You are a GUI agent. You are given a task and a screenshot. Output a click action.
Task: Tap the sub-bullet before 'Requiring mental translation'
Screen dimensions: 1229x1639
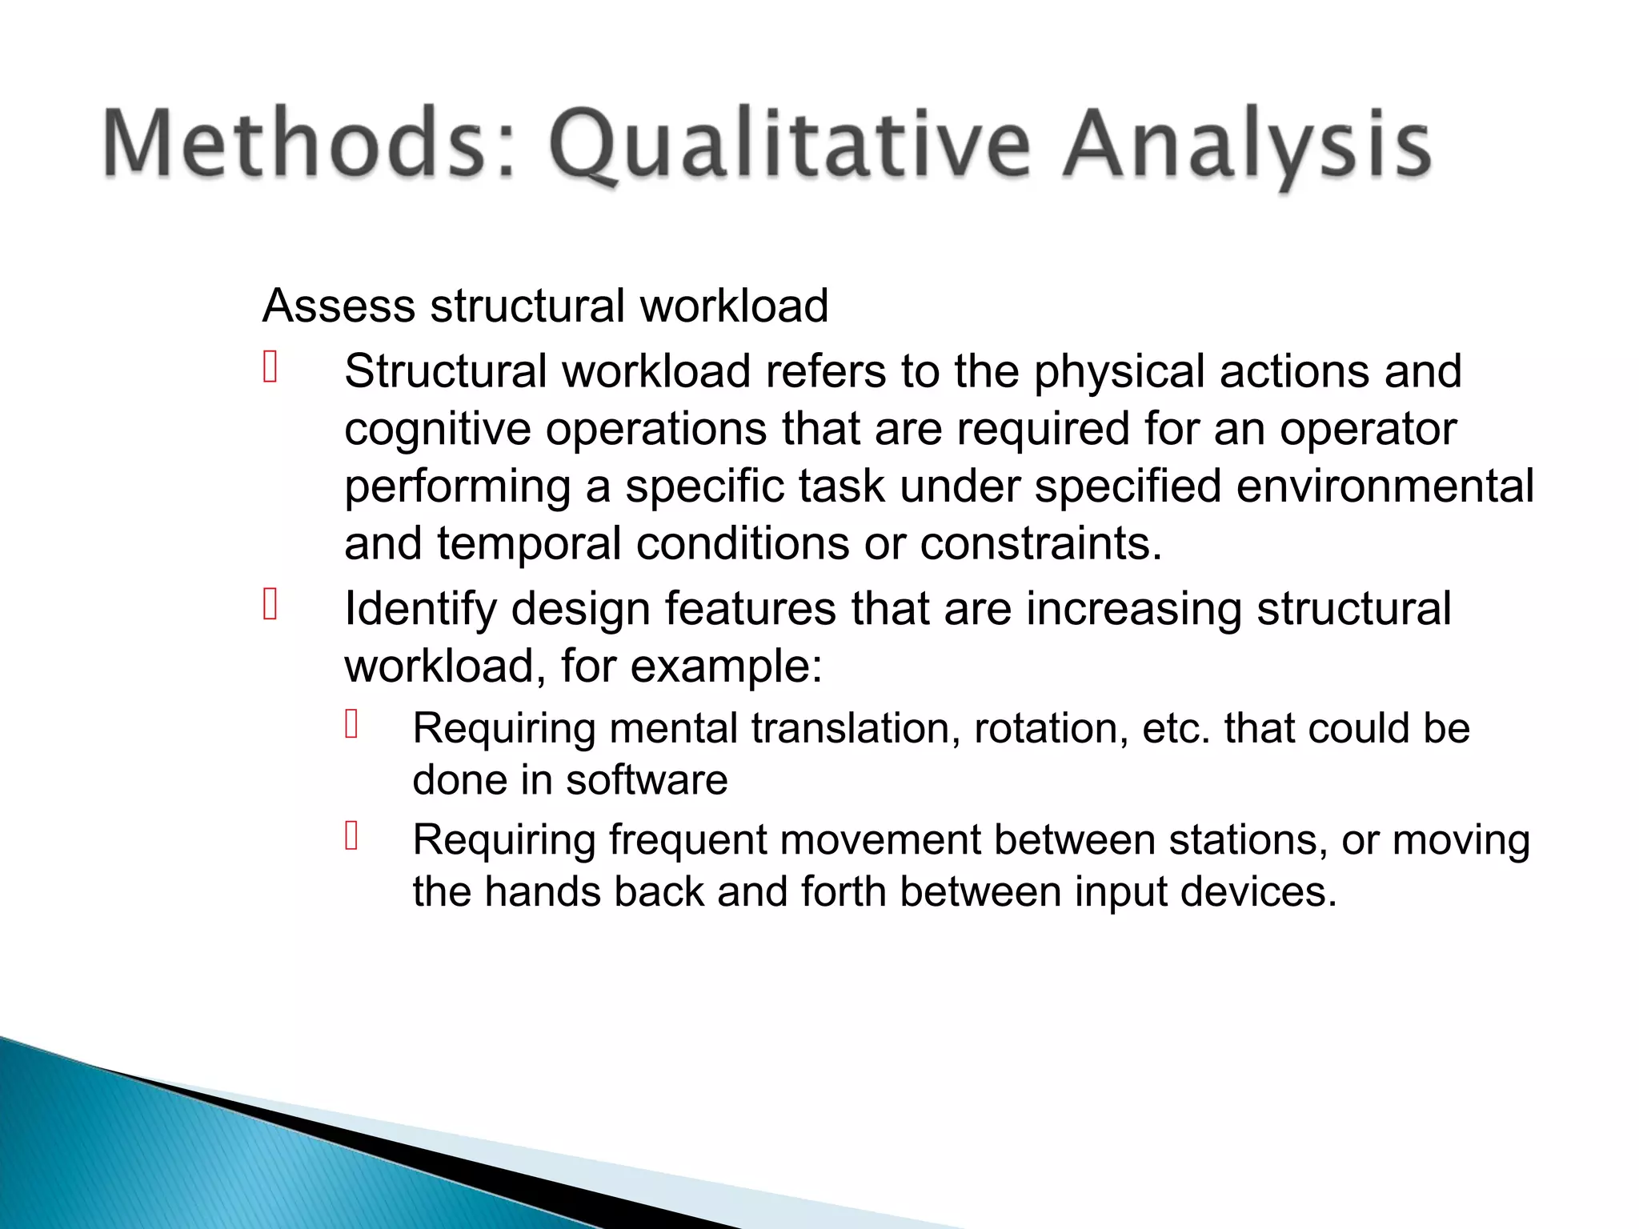point(351,723)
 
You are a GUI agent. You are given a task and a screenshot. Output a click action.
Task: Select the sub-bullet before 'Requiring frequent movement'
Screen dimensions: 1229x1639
point(351,835)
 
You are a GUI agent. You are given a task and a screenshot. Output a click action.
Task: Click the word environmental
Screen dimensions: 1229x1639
point(1385,486)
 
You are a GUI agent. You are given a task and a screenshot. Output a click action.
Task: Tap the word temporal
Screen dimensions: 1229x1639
point(529,544)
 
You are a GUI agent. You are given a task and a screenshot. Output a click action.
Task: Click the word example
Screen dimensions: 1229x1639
point(724,667)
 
